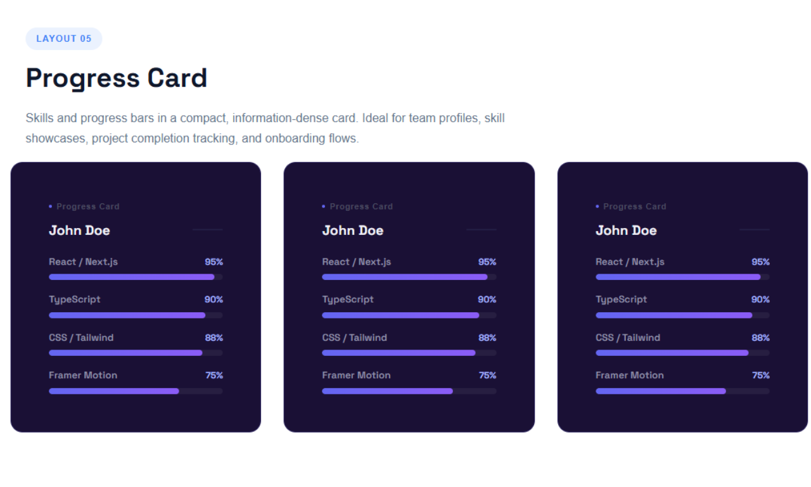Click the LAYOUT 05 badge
pos(63,39)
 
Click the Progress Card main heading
pos(117,79)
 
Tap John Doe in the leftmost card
pos(79,231)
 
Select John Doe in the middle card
pos(352,231)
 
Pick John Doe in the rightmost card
pos(626,231)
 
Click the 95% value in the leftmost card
pos(214,262)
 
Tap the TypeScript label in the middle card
pos(348,300)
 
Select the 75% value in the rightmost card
pos(760,376)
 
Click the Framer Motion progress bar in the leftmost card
pos(136,391)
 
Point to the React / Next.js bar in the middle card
pos(409,277)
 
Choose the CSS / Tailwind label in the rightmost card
pos(627,338)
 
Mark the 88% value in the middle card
pos(487,338)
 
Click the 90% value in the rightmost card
pos(760,300)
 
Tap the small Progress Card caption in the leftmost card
pos(87,206)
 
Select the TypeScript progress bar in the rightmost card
pos(682,315)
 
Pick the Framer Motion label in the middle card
pos(356,376)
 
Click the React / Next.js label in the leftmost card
pos(83,262)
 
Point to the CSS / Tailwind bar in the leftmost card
pos(136,353)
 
